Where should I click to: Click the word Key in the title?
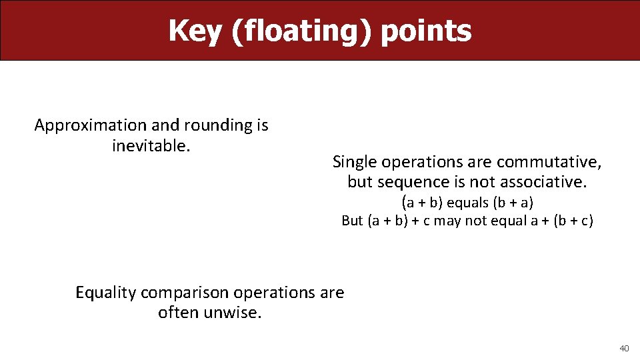tap(196, 31)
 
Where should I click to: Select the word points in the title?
tap(426, 31)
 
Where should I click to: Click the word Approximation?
tap(91, 125)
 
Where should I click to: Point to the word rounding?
tap(215, 125)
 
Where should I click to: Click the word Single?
tap(354, 161)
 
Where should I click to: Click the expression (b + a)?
tap(513, 202)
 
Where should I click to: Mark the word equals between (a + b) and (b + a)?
tap(467, 202)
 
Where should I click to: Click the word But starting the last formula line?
tap(352, 221)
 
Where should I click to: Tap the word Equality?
tap(106, 293)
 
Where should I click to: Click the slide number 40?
tap(624, 348)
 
